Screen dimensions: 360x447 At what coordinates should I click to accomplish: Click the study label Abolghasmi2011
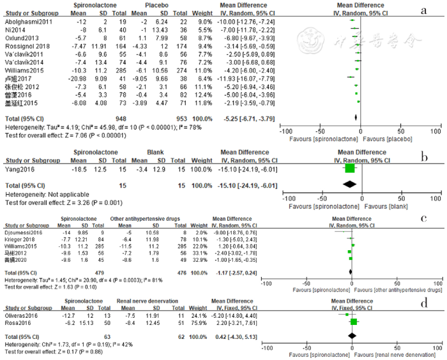29,21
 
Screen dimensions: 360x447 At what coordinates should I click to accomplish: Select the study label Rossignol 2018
27,46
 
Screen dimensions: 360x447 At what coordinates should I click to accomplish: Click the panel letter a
423,10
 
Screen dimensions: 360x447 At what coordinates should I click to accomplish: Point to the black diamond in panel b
350,184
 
